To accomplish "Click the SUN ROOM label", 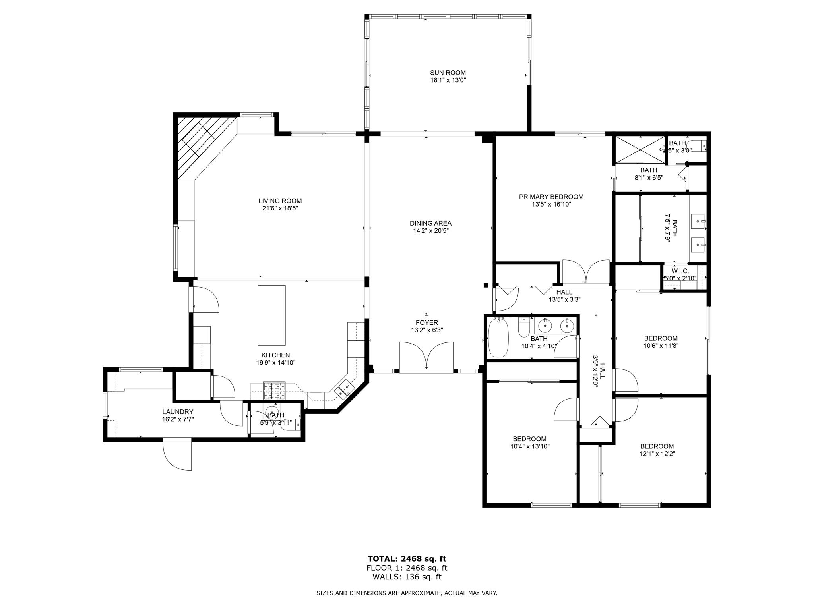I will coord(448,73).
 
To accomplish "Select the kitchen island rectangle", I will coord(271,315).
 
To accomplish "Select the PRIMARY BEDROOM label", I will coord(551,197).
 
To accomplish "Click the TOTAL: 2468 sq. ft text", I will coord(407,559).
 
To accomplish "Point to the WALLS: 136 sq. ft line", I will coord(407,577).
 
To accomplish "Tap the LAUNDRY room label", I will coord(177,412).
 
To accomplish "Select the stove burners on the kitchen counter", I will coord(275,390).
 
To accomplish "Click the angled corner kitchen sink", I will coord(344,389).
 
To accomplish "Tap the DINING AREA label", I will coord(430,223).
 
